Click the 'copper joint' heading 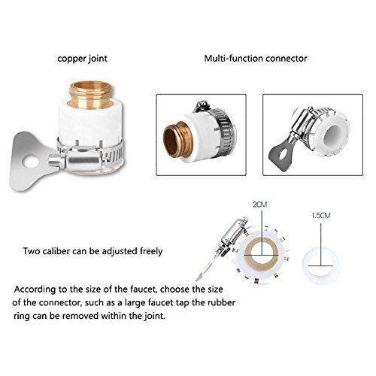coord(82,59)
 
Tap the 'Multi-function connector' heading coord(256,59)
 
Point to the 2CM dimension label coord(260,205)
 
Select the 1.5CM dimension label coord(321,215)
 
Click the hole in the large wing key coord(29,162)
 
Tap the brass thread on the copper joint coord(91,95)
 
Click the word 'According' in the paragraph coord(35,290)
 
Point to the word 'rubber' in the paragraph coord(221,302)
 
